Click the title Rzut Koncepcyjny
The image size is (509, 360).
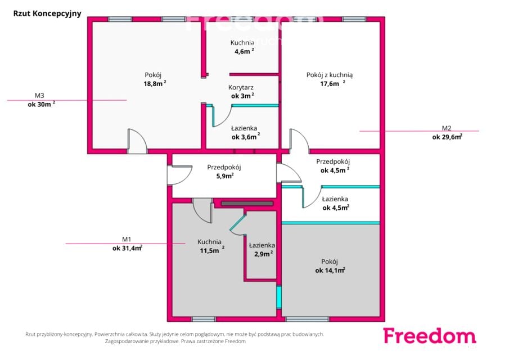pos(47,13)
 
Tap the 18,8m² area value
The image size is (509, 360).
pos(155,83)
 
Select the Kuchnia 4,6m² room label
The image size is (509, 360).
pos(242,47)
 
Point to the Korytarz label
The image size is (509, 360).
pos(241,87)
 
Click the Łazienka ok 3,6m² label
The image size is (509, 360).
pos(245,132)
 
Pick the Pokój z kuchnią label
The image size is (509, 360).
pos(330,75)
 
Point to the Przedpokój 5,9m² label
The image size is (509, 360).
pos(224,172)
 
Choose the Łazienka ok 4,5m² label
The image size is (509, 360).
pos(336,203)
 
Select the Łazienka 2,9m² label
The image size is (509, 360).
pos(262,250)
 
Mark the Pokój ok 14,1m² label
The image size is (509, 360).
pos(330,266)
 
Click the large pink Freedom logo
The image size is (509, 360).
pos(430,336)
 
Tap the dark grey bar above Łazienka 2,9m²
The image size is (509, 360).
pos(247,204)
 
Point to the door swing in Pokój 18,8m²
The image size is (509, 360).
pos(138,141)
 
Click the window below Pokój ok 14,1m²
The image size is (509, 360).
pos(307,319)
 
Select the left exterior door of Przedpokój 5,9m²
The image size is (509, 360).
pos(179,175)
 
